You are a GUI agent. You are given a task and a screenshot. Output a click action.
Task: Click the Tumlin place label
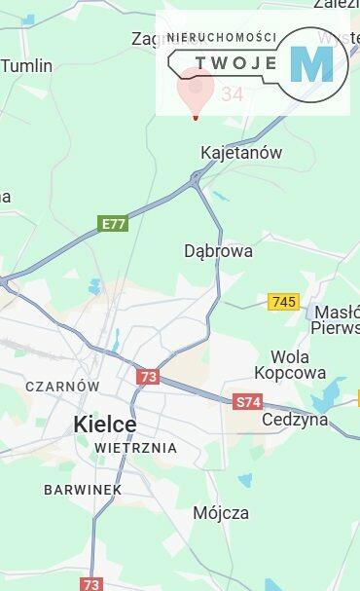pos(26,66)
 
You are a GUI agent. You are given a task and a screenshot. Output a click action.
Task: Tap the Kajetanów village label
pos(240,153)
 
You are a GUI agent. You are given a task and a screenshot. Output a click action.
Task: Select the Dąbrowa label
pos(218,251)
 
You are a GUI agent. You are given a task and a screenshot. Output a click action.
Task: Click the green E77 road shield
pos(114,224)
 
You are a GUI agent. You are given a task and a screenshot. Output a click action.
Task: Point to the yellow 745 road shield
pos(283,302)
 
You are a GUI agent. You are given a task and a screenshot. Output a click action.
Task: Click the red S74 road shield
pos(248,401)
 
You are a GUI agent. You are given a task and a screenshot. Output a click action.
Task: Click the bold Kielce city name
pos(104,425)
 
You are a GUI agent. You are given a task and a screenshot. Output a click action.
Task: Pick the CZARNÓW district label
pos(62,386)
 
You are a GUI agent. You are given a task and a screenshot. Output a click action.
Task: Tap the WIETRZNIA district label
pos(135,448)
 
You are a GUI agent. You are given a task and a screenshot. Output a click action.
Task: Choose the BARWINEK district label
pos(82,490)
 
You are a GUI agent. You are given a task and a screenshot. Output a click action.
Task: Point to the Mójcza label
pos(220,512)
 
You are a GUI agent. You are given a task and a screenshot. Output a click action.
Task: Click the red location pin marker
pos(196,93)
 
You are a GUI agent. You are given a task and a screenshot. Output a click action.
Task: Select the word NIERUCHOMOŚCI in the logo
pos(222,37)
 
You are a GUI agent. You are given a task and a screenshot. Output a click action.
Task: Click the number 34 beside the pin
pos(233,94)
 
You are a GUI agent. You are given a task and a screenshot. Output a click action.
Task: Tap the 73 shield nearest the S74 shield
pos(147,377)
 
